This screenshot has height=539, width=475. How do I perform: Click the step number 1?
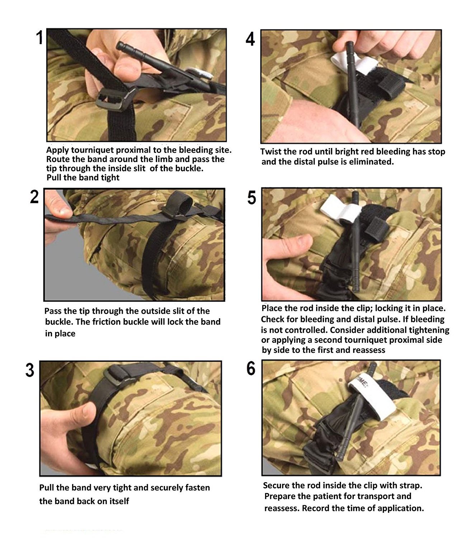point(39,37)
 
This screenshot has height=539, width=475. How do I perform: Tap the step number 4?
point(250,39)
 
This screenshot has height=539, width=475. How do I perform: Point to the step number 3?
point(30,370)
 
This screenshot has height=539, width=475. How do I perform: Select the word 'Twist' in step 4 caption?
point(271,152)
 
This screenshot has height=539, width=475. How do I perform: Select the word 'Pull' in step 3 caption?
point(47,488)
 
